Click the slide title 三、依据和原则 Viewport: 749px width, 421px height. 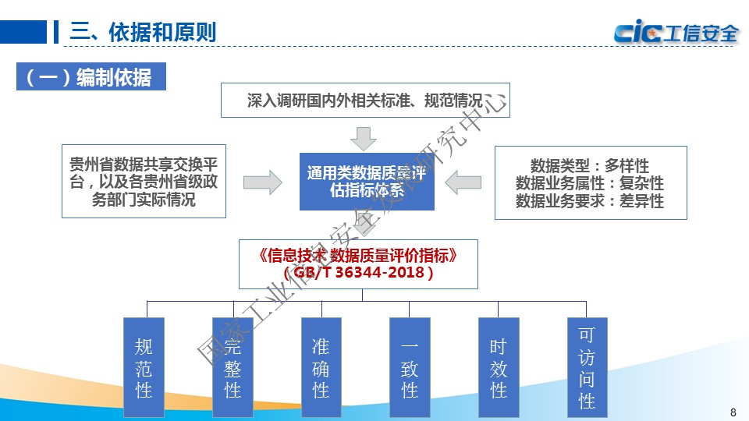[x=143, y=33]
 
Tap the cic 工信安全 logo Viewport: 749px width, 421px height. [x=676, y=33]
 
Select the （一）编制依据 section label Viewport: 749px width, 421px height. [x=91, y=78]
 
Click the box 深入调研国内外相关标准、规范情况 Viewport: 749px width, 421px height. [x=365, y=100]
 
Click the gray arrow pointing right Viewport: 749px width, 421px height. [x=262, y=182]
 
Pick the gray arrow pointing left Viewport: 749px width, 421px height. [x=463, y=182]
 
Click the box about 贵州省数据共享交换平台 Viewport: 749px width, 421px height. [x=144, y=182]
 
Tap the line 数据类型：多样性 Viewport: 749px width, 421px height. [x=590, y=165]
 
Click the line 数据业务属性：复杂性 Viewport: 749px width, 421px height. [x=590, y=183]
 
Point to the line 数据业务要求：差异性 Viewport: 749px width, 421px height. [x=590, y=200]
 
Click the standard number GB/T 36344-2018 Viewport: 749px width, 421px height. [x=360, y=273]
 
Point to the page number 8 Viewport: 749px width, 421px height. [x=732, y=412]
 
